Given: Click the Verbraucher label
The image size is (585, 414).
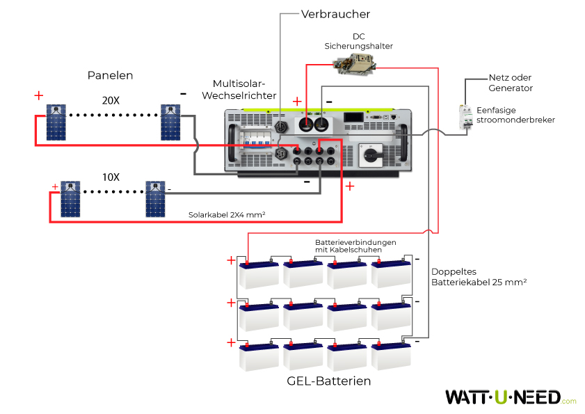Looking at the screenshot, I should pyautogui.click(x=335, y=14).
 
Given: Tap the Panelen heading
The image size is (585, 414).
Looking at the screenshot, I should pyautogui.click(x=110, y=75).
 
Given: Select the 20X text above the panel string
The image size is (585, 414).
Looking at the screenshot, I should pyautogui.click(x=111, y=101).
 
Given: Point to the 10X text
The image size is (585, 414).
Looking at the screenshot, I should pyautogui.click(x=111, y=177).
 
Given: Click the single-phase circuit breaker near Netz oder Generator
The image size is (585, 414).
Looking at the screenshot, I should pyautogui.click(x=464, y=116).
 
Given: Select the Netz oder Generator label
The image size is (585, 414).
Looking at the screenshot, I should pyautogui.click(x=511, y=83).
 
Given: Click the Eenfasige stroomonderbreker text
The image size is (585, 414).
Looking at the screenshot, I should pyautogui.click(x=515, y=115).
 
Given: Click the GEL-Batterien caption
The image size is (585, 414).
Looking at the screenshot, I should pyautogui.click(x=328, y=381).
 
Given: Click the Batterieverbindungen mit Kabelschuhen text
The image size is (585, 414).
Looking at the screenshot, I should pyautogui.click(x=355, y=246).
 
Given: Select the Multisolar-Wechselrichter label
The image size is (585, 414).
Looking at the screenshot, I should pyautogui.click(x=244, y=89).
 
